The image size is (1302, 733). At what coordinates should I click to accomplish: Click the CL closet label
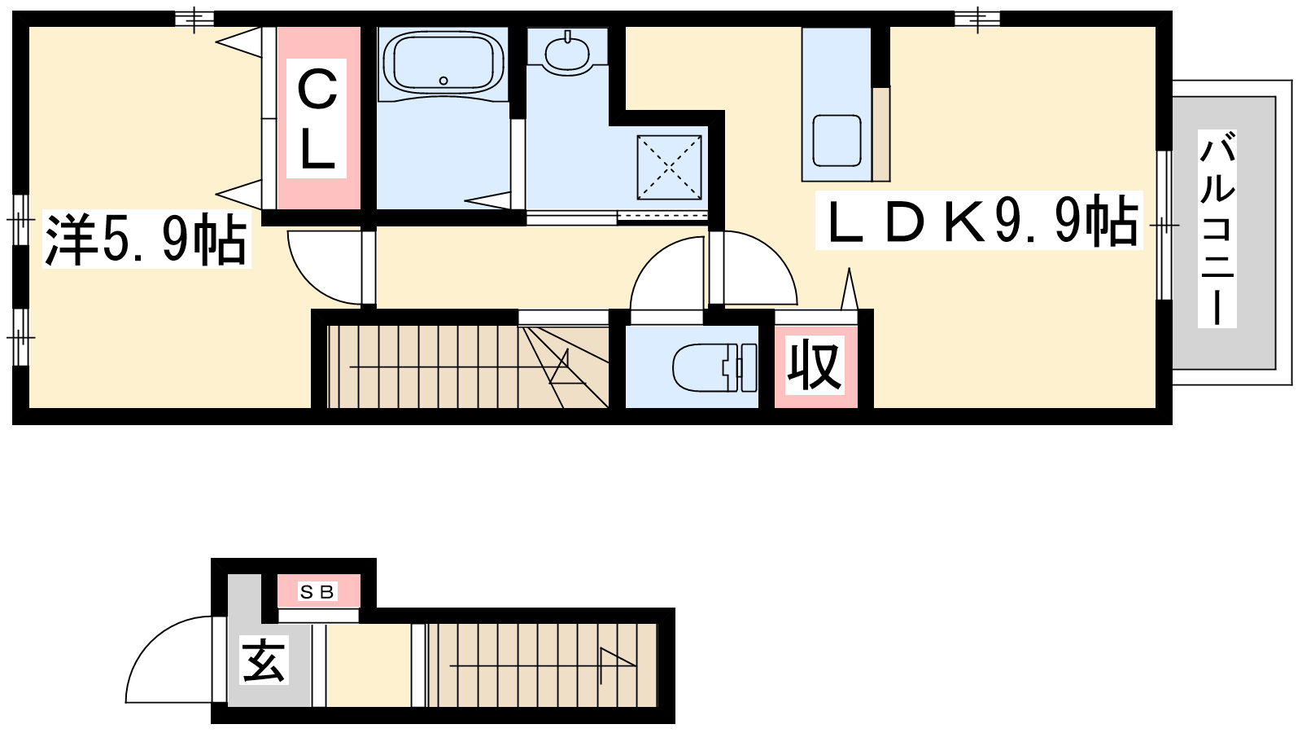point(317,118)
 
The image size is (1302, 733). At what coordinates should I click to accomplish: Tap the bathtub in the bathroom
point(443,64)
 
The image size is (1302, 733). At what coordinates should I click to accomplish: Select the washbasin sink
point(567,52)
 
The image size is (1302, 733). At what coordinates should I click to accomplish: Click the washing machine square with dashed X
point(669,168)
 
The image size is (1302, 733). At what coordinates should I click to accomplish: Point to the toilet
point(714,367)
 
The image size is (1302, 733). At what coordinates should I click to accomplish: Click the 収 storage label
point(815,366)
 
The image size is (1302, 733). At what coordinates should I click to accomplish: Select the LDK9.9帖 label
point(979,220)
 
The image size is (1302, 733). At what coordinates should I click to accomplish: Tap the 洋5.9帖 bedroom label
point(146,239)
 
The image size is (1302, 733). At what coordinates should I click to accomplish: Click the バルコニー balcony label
point(1217,229)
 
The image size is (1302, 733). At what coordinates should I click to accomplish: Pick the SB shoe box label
point(317,592)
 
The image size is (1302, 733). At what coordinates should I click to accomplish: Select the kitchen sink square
point(837,140)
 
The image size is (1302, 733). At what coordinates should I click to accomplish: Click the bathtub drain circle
point(443,81)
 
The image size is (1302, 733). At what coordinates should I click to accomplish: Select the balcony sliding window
point(1164,225)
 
